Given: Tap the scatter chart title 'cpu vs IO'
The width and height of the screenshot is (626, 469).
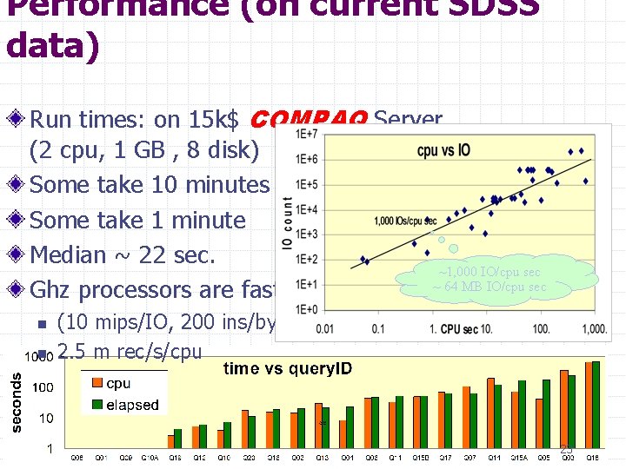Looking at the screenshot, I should [x=443, y=150].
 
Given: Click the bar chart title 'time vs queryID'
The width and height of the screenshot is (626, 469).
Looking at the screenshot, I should [x=288, y=369].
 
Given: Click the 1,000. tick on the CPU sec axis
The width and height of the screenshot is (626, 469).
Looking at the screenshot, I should [x=595, y=329].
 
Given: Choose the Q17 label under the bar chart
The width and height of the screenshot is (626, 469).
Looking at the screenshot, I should [x=445, y=458].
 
